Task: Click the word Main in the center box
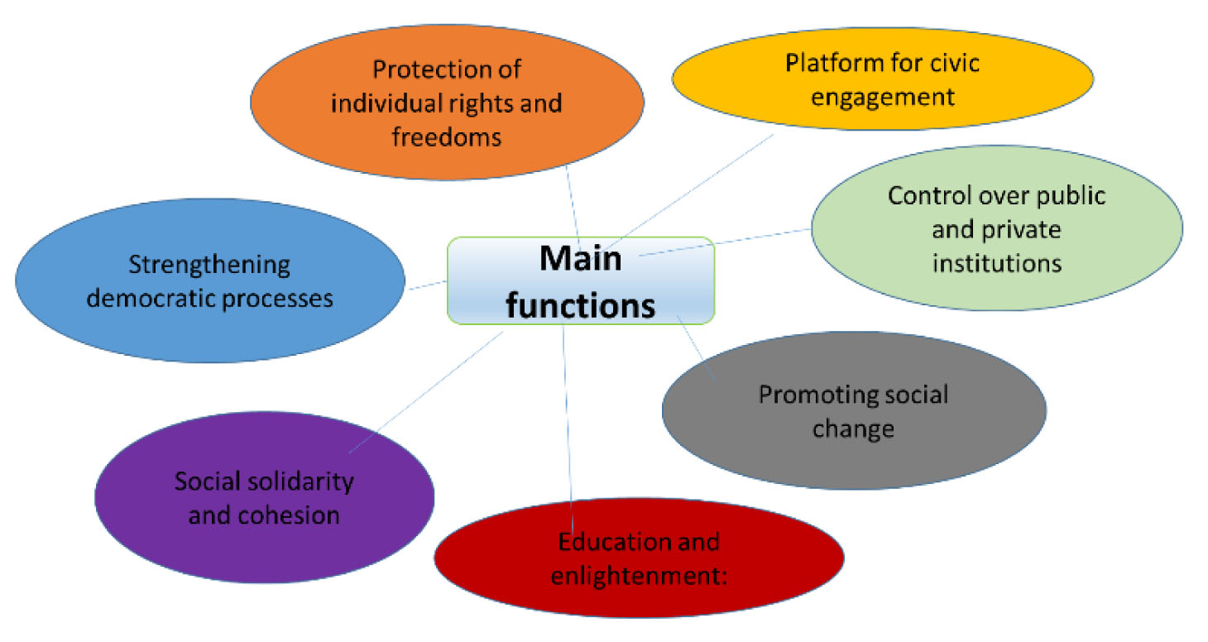(580, 258)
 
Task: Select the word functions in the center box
(580, 304)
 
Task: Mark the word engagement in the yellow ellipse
(883, 97)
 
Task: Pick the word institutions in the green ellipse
(996, 262)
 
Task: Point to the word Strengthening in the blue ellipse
(209, 266)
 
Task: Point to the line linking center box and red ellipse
(567, 414)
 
